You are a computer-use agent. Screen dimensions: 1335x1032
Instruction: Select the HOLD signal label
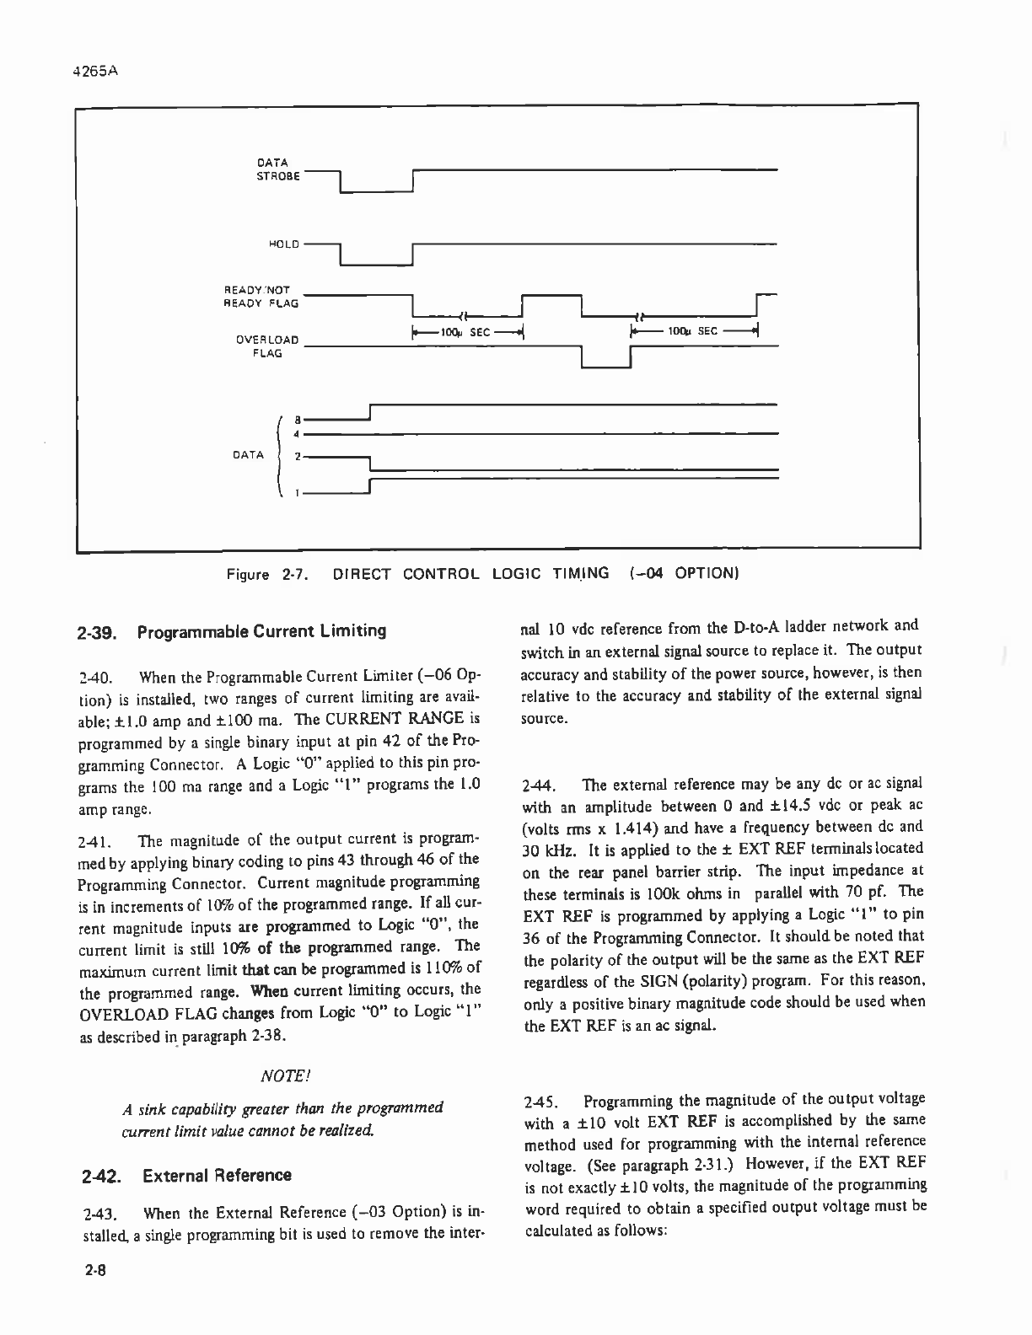[282, 244]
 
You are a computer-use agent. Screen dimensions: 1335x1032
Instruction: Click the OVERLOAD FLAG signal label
[267, 346]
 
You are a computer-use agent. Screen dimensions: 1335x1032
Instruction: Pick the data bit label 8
[296, 418]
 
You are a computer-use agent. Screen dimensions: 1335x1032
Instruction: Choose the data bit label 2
[296, 457]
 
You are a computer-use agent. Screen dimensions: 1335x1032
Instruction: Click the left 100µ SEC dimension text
[468, 332]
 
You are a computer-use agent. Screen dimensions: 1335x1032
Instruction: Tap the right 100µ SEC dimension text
[693, 331]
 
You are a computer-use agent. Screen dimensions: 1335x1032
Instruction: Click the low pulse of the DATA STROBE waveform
[375, 192]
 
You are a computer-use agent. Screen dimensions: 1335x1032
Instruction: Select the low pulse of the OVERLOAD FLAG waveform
[606, 367]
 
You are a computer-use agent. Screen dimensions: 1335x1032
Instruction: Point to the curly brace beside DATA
[278, 455]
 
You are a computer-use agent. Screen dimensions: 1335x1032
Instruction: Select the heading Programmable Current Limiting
[262, 631]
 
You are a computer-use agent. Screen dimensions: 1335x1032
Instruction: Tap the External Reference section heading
[217, 1176]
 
